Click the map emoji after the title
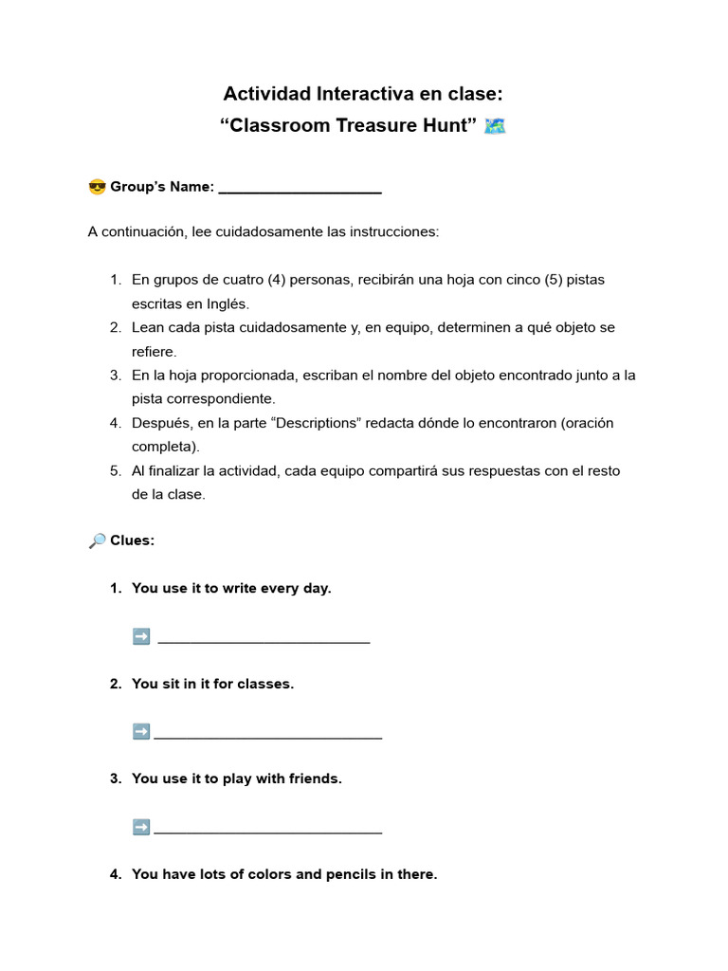(494, 126)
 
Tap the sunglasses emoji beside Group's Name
(97, 187)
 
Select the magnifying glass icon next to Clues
(97, 540)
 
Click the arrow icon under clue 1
(141, 637)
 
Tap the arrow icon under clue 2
(141, 731)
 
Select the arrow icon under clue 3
(141, 827)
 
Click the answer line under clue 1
(264, 641)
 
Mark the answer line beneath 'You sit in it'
(268, 736)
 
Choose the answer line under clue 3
(268, 832)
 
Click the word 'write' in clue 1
(241, 588)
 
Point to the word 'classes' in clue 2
(265, 684)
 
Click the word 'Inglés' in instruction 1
(225, 304)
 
